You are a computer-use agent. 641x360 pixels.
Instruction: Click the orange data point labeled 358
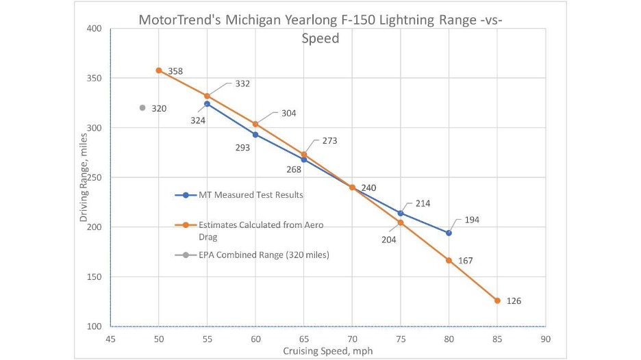click(159, 70)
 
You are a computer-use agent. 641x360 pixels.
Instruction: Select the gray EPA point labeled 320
click(142, 107)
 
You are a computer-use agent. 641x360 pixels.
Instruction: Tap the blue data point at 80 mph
click(449, 233)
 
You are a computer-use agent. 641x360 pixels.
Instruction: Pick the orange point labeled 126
click(497, 300)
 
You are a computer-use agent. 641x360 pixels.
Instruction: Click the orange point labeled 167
click(449, 260)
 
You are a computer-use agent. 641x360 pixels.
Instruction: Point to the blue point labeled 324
click(207, 104)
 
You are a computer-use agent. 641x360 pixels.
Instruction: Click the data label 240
click(368, 188)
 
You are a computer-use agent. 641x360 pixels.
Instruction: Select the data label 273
click(329, 141)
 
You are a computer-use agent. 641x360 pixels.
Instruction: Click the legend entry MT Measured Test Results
click(249, 195)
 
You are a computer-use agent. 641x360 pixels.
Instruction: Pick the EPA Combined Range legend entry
click(257, 255)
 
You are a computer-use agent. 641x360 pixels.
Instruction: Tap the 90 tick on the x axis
click(545, 338)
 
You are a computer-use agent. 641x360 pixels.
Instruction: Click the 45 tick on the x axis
click(110, 338)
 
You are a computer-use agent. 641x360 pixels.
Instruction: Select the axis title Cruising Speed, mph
click(327, 351)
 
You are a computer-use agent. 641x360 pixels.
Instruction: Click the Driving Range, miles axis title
click(84, 177)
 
